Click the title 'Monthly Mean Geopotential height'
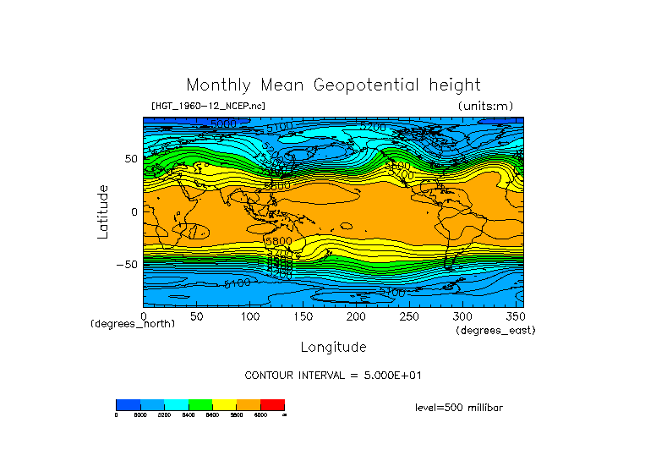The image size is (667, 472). (333, 85)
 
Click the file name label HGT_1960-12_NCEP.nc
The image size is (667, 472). (207, 106)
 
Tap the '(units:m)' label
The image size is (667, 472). (485, 106)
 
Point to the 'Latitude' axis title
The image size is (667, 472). (103, 211)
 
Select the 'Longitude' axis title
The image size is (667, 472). (333, 347)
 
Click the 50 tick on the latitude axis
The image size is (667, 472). (131, 158)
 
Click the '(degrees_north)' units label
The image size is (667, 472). (133, 324)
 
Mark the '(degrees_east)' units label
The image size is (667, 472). (496, 330)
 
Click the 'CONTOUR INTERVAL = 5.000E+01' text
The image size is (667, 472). (332, 375)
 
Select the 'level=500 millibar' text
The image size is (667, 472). (459, 407)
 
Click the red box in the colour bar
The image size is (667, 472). (272, 404)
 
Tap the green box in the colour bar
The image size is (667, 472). (200, 404)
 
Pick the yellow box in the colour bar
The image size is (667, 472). (224, 404)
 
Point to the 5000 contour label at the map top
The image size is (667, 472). (223, 124)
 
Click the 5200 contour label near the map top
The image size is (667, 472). (373, 127)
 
